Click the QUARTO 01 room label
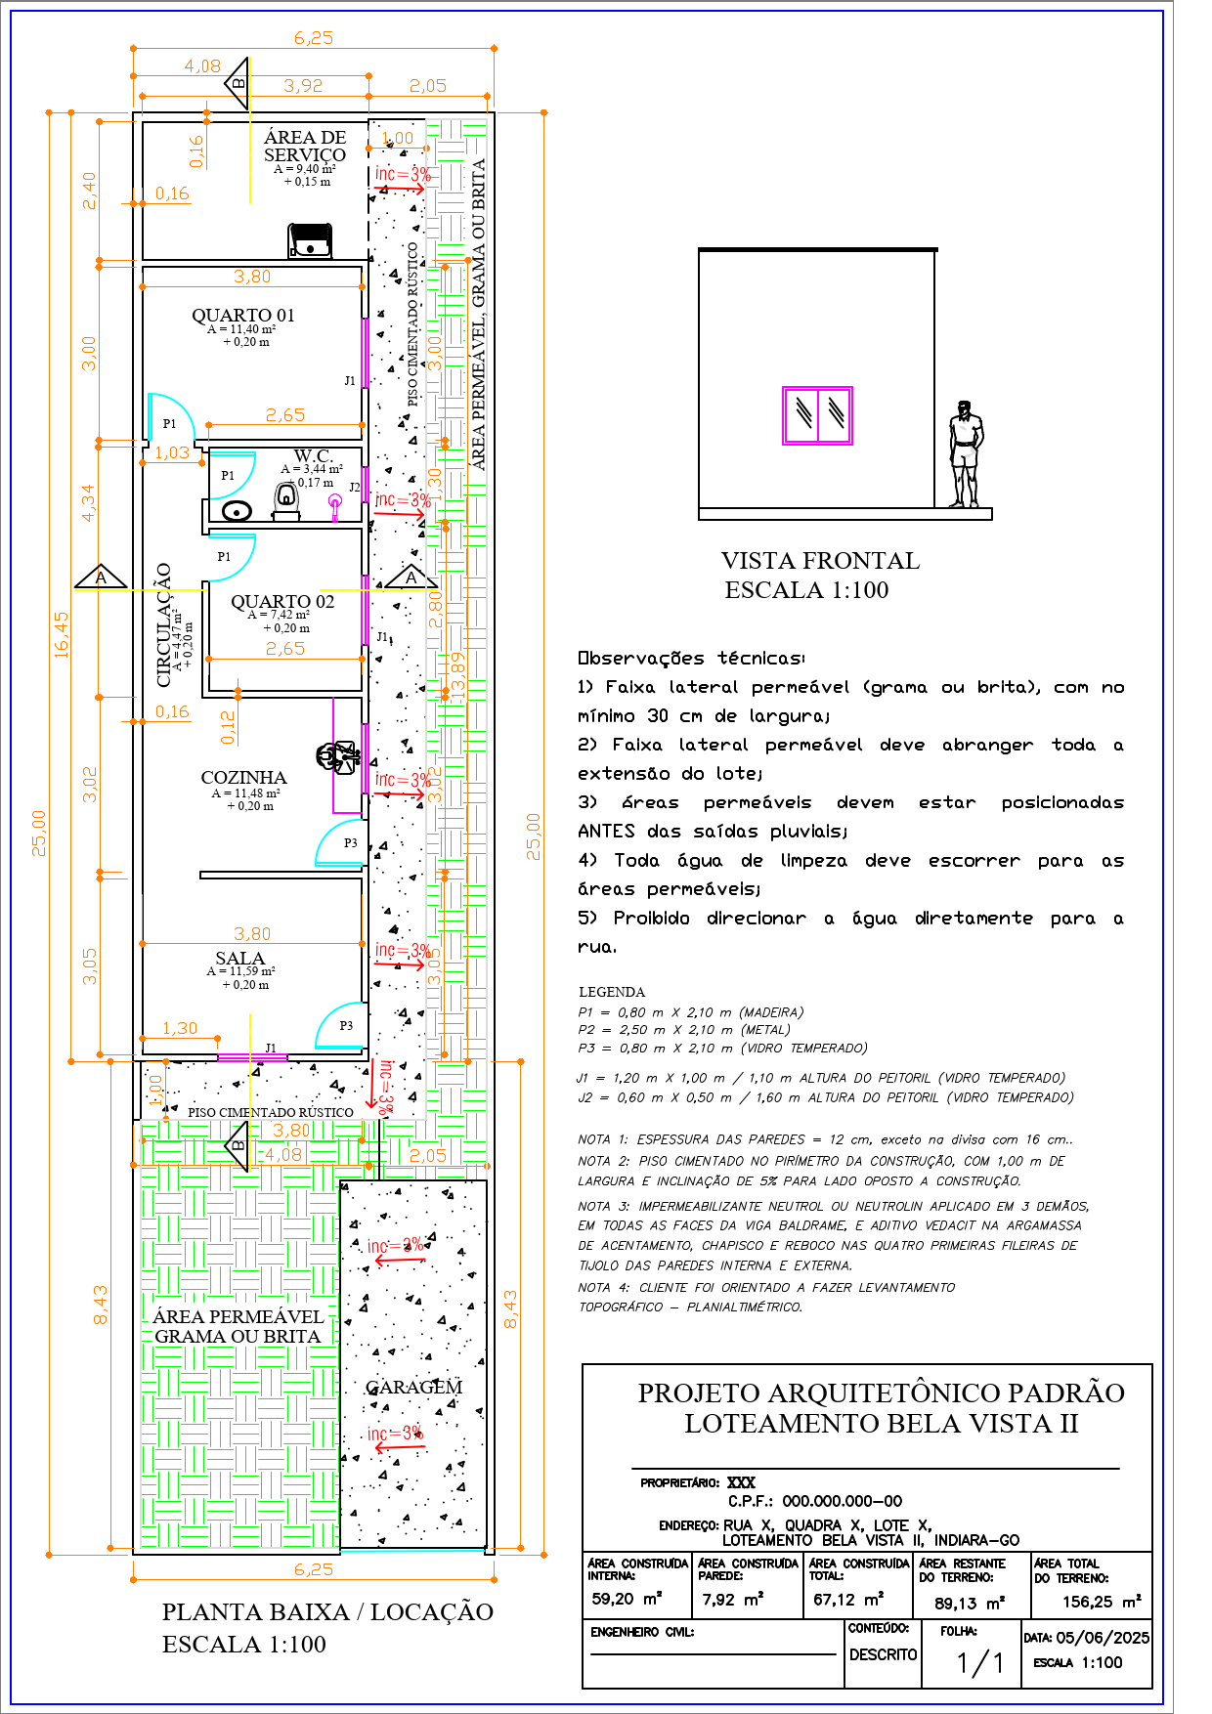click(242, 316)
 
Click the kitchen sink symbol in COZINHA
click(337, 756)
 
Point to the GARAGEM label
click(413, 1388)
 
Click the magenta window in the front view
click(817, 415)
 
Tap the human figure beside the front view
click(966, 454)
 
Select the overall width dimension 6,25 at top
click(314, 38)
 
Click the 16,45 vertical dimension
click(62, 635)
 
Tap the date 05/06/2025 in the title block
click(1103, 1638)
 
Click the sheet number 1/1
click(979, 1663)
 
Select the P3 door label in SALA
click(346, 1026)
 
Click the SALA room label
click(239, 959)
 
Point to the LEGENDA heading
click(612, 992)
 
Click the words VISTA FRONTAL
click(820, 561)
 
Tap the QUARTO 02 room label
click(282, 602)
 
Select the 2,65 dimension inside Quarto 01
click(285, 415)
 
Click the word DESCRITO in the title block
click(883, 1654)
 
